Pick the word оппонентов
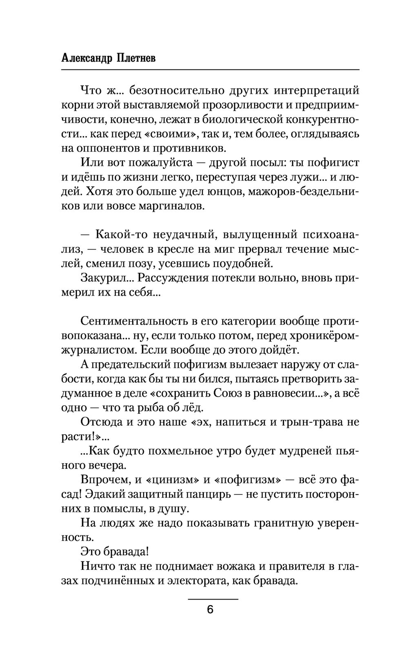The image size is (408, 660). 104,147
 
